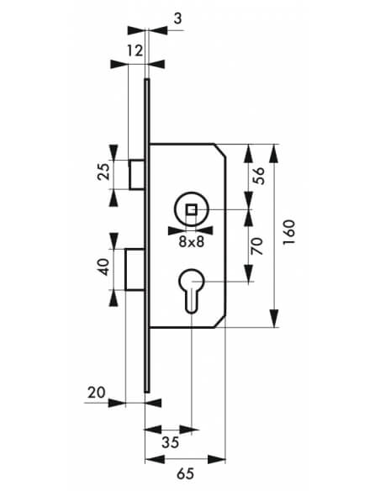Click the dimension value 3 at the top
point(177,18)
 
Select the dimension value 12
point(135,50)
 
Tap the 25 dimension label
point(104,172)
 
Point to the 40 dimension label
point(104,267)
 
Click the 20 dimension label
point(97,393)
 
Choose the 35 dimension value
point(171,442)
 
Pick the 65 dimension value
point(185,473)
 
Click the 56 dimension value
point(259,176)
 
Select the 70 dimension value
point(257,246)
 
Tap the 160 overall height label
point(289,232)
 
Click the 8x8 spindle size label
point(191,242)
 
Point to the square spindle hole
point(191,209)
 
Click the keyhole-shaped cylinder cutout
point(191,290)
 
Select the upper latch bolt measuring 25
point(136,174)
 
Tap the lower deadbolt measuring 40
point(135,269)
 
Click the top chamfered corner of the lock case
point(220,150)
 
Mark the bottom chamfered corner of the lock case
point(220,322)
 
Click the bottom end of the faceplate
point(147,392)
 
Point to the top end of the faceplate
point(147,79)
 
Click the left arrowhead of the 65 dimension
point(155,460)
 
